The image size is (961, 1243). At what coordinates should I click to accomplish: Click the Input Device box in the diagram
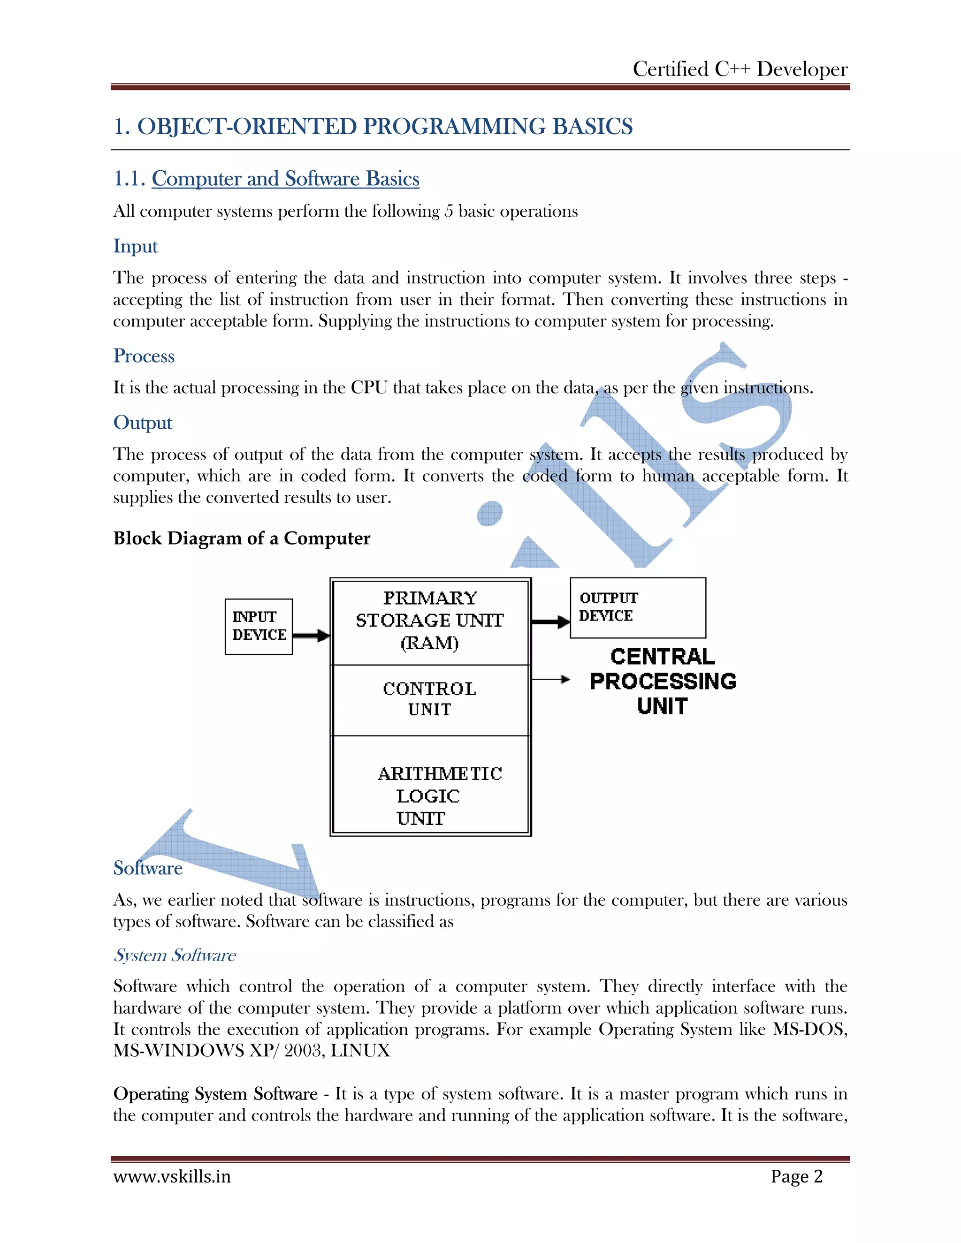(x=259, y=626)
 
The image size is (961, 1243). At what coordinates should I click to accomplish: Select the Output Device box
(x=638, y=607)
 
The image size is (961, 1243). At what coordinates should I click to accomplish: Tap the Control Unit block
(x=430, y=699)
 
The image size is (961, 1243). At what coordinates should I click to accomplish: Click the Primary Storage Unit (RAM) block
(x=430, y=621)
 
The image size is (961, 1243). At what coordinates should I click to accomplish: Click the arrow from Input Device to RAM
(x=311, y=636)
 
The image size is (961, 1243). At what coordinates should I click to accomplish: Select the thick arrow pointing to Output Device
(x=550, y=621)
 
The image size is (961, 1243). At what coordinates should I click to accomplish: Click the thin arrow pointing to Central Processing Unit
(x=550, y=679)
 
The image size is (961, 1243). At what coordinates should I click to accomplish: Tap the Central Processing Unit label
(x=663, y=681)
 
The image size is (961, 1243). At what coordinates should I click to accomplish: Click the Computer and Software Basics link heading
(x=285, y=179)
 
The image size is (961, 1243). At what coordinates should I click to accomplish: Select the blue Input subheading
(x=136, y=246)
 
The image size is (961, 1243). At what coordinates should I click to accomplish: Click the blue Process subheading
(x=144, y=356)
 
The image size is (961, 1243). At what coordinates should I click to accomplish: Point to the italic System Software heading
(x=174, y=955)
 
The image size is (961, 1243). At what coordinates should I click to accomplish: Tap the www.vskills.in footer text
(x=172, y=1176)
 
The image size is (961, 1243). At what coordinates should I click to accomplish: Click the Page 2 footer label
(x=796, y=1176)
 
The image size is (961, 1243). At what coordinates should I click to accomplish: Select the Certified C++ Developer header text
(x=740, y=69)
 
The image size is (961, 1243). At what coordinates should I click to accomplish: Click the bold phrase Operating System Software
(x=215, y=1094)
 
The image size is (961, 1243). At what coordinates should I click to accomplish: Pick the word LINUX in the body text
(x=360, y=1051)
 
